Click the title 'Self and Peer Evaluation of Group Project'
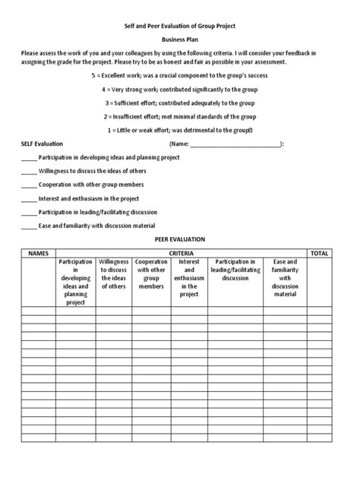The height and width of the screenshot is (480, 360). (x=180, y=25)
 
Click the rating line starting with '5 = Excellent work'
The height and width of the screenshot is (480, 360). (x=180, y=77)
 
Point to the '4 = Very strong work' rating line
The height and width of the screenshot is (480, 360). (x=180, y=90)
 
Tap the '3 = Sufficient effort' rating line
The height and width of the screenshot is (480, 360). (x=180, y=103)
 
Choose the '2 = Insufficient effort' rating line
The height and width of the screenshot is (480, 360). (x=180, y=116)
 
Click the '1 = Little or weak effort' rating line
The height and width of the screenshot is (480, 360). (x=180, y=129)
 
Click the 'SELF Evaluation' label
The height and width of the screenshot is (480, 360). (x=42, y=143)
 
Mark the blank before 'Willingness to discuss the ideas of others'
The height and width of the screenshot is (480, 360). (x=28, y=172)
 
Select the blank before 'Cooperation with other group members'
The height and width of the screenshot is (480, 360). (x=28, y=185)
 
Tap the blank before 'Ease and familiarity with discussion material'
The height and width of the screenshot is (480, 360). (x=28, y=226)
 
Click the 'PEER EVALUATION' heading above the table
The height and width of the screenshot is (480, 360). (x=180, y=239)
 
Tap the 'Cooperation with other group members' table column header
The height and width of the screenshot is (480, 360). (x=152, y=273)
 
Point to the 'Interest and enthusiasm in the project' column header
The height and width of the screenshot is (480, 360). (x=189, y=278)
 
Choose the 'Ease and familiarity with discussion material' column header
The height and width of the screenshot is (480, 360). (x=285, y=282)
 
